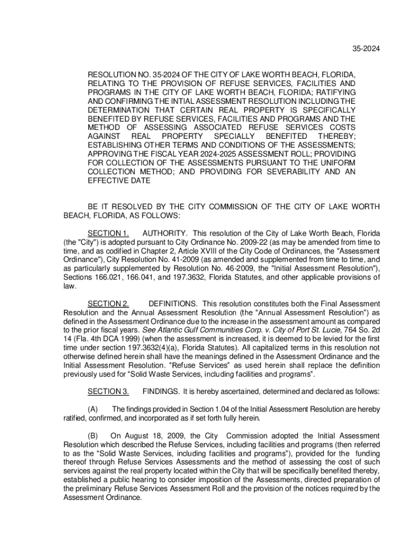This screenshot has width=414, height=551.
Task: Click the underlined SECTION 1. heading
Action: point(108,234)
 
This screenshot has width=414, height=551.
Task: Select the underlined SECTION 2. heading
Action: point(108,304)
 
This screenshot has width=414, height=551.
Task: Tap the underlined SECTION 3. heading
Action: point(108,391)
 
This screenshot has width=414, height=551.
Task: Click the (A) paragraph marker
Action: point(92,409)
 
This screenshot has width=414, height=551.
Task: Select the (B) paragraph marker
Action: point(92,435)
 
